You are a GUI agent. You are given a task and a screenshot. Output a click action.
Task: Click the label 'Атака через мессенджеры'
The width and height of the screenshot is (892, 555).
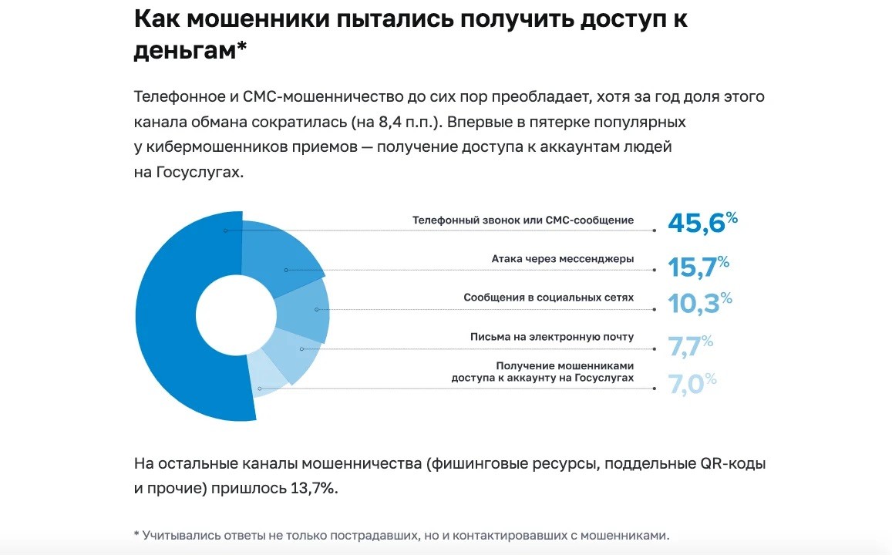[x=563, y=259]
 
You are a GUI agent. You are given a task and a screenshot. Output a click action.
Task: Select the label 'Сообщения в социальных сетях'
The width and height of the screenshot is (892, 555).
[x=548, y=298]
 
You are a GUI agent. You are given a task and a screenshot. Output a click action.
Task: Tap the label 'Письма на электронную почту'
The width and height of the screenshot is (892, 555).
[x=552, y=337]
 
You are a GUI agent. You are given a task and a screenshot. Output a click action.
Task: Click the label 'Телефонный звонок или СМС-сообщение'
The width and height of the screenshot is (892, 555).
[x=523, y=220]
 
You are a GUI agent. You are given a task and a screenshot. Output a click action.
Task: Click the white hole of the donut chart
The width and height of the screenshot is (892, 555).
[x=236, y=316]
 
